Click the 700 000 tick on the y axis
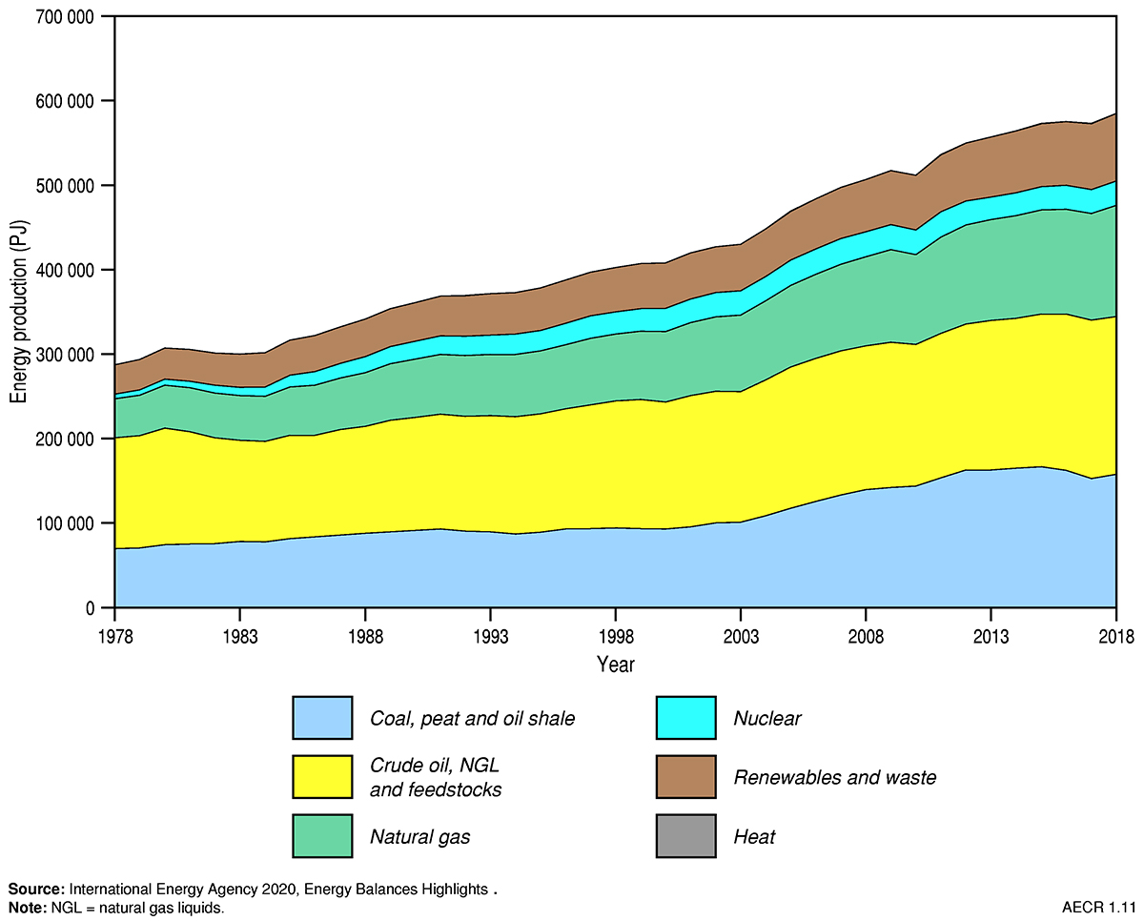pos(66,16)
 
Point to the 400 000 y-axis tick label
pos(66,270)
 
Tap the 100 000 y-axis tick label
pos(66,523)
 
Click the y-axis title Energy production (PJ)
pos(18,313)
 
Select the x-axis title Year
pos(615,664)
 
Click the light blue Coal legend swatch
pos(322,718)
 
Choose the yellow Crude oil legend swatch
pos(322,777)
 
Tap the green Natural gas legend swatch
pos(322,837)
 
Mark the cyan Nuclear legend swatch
pos(685,718)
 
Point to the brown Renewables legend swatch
pos(685,777)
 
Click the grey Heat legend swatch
pos(685,837)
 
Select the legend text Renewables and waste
pos(835,778)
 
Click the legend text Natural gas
pos(420,838)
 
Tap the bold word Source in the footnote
pos(34,890)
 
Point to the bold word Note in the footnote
pos(26,908)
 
